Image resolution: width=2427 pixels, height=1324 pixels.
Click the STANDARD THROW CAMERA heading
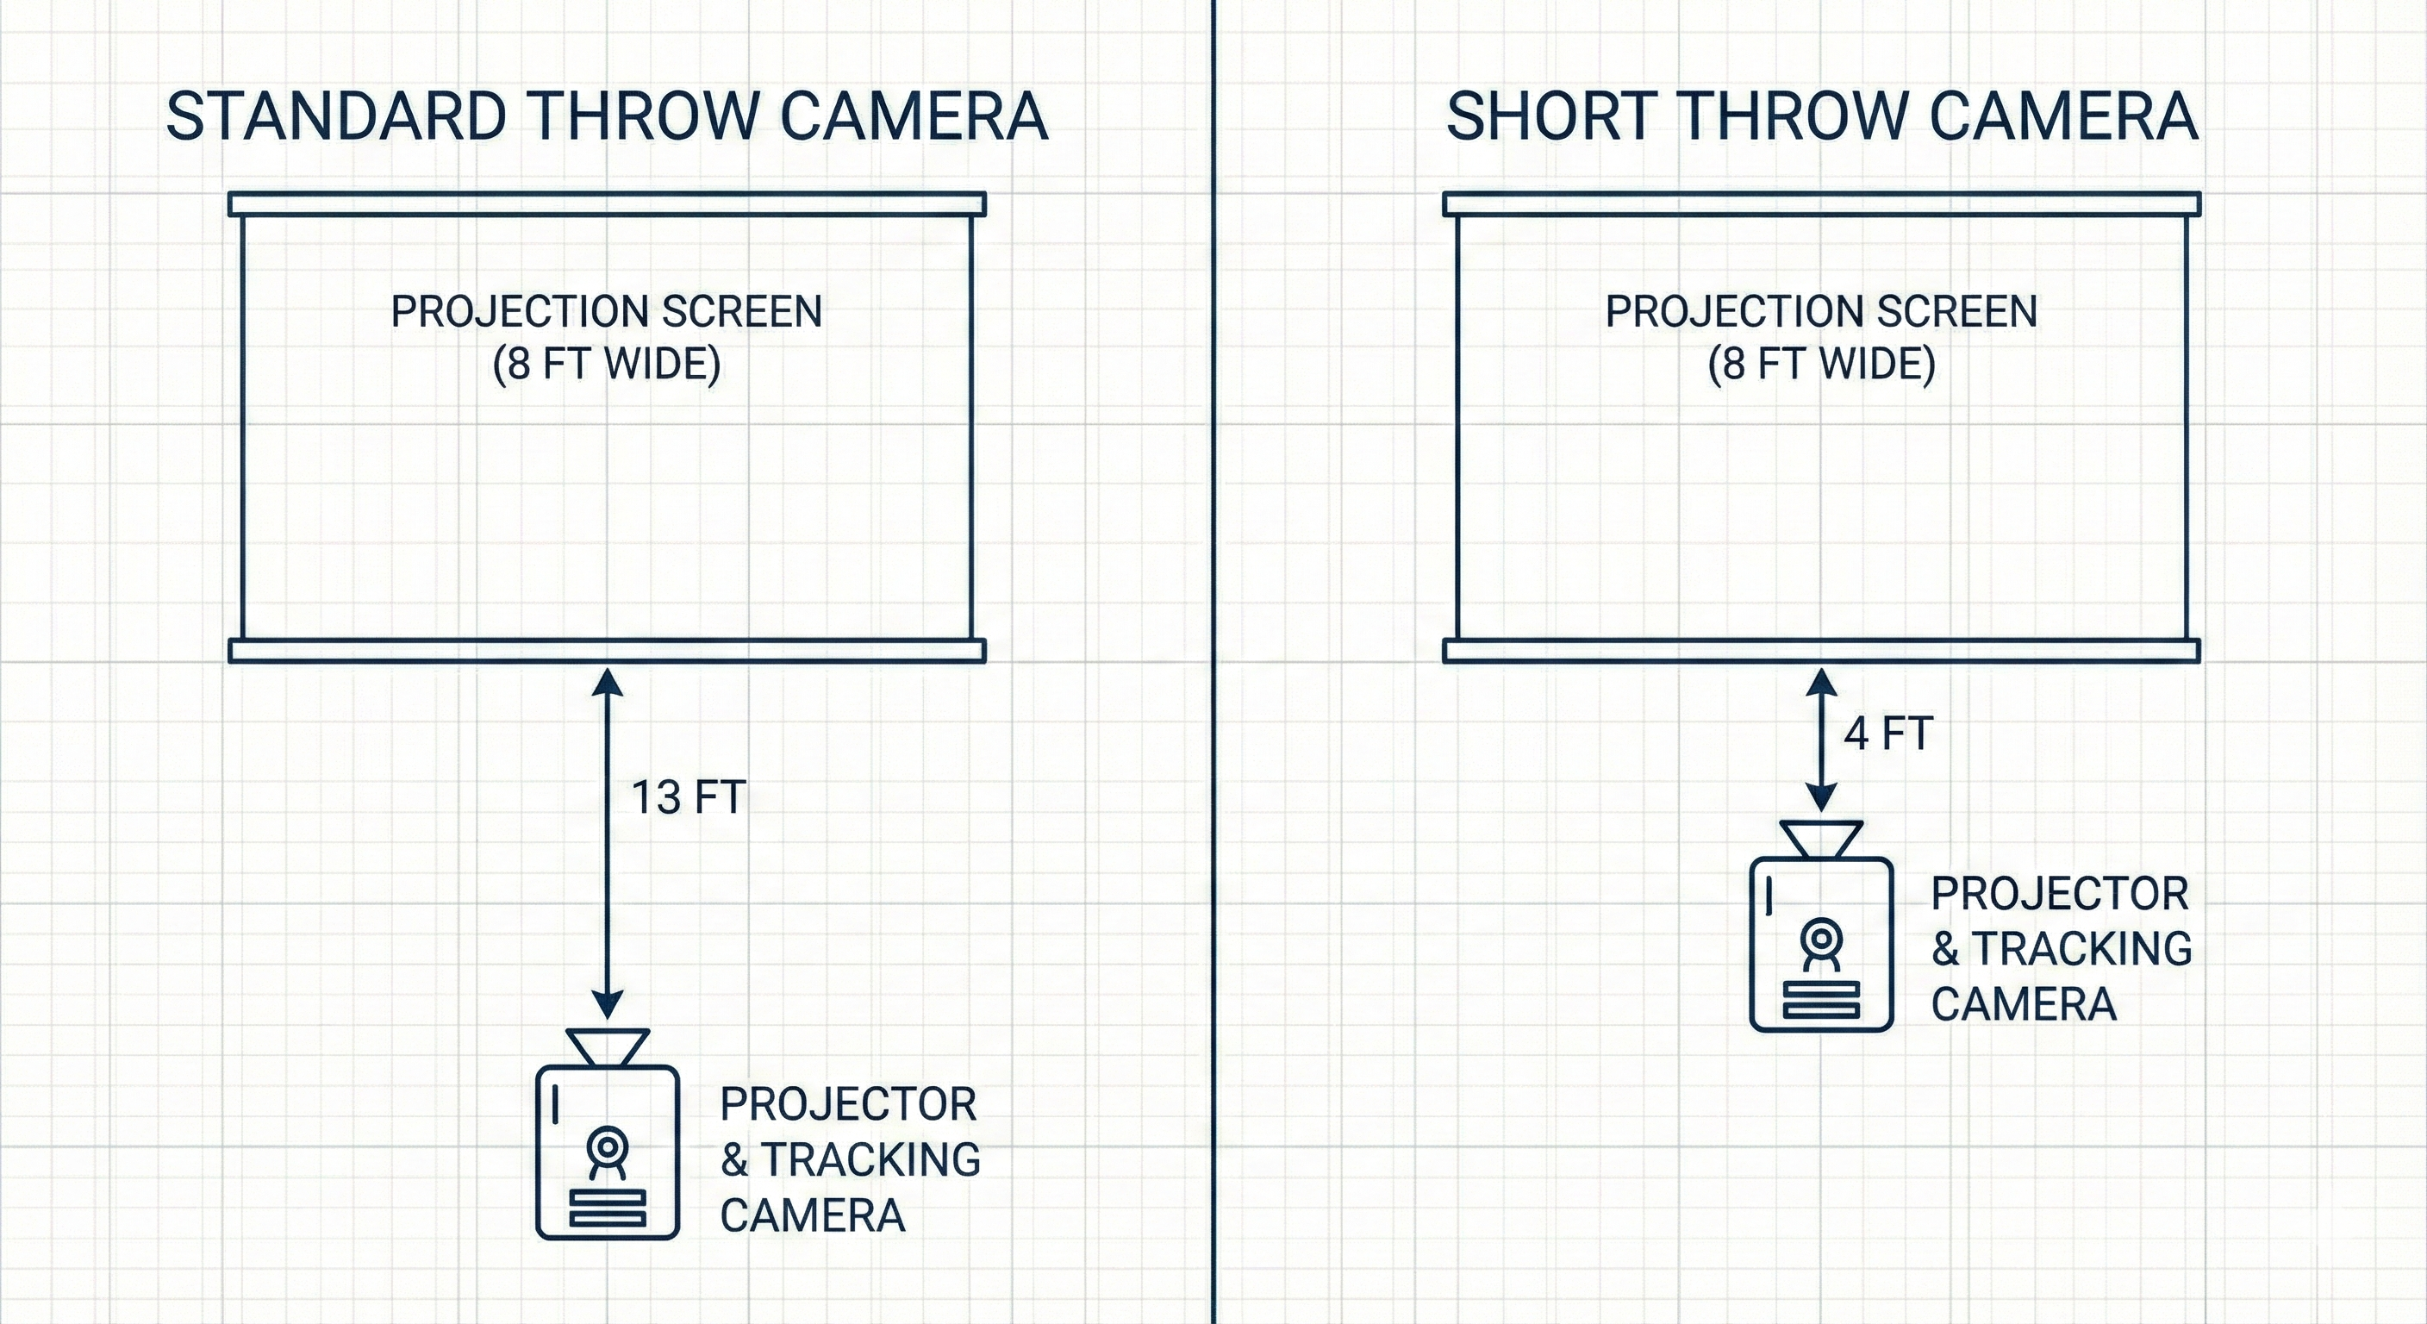click(x=607, y=117)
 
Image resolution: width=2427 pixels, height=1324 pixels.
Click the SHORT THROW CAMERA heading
click(x=1822, y=117)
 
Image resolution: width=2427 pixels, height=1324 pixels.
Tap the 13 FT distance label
click(x=688, y=797)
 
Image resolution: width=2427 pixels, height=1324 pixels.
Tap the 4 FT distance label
click(x=1888, y=734)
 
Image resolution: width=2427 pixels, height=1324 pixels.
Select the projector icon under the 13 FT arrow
click(x=608, y=1150)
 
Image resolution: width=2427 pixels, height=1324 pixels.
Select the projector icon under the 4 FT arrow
click(x=1821, y=942)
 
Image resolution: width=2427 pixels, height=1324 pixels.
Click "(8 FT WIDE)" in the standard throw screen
click(x=607, y=364)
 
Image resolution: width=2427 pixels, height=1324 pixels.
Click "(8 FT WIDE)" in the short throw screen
click(x=1821, y=364)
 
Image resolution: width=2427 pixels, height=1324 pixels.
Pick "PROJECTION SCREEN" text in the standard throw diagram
click(x=607, y=312)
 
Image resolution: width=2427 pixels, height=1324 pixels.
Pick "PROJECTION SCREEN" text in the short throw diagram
click(x=1821, y=312)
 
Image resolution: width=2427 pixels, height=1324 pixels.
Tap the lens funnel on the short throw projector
click(x=1821, y=839)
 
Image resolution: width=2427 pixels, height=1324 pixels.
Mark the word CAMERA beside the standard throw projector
click(x=812, y=1215)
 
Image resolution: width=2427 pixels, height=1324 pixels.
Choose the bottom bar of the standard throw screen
click(x=608, y=651)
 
